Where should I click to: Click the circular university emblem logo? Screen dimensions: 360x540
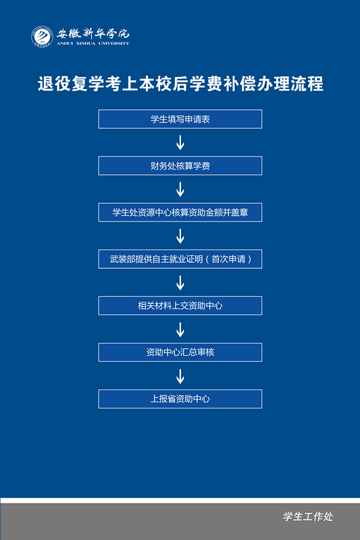[42, 36]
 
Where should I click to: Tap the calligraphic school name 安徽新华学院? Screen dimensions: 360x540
[93, 33]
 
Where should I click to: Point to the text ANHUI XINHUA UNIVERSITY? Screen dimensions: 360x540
[93, 43]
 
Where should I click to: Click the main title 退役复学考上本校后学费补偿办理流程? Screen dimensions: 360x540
[180, 84]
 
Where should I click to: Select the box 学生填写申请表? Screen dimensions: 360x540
[180, 119]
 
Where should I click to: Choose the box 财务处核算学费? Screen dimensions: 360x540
[180, 165]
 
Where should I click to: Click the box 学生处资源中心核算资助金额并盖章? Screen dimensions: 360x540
[180, 213]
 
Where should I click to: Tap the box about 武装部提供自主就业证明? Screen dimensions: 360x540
[180, 259]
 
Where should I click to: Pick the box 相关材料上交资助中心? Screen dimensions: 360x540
[180, 306]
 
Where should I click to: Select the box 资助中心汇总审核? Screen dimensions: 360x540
[180, 352]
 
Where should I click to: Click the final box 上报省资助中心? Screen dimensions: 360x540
[180, 399]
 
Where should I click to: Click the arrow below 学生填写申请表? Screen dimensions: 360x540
[180, 142]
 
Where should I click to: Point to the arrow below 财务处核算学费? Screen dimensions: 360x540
[180, 189]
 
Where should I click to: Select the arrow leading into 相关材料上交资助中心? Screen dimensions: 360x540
[180, 283]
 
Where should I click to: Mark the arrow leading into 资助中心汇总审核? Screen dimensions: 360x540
[180, 329]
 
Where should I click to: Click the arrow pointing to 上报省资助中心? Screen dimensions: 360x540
[180, 376]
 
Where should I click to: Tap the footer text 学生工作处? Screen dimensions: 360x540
[308, 516]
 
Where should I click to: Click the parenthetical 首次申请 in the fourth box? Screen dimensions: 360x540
[228, 259]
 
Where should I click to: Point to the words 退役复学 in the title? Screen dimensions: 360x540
[71, 84]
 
